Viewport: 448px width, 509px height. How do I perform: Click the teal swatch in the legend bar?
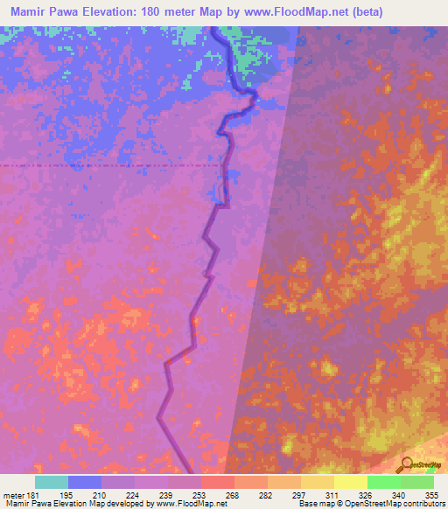tap(52, 482)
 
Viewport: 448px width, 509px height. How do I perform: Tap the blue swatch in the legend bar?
tap(85, 482)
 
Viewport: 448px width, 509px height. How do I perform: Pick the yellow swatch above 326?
tap(350, 482)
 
